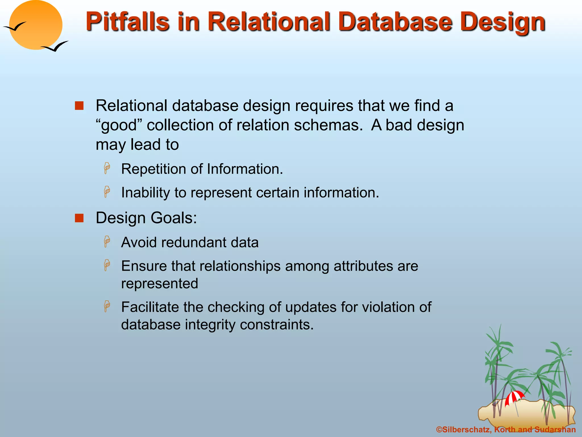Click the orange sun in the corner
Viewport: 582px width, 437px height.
tap(36, 25)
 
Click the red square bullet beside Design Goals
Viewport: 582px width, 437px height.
tap(79, 218)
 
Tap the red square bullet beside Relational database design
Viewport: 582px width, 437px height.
tap(79, 106)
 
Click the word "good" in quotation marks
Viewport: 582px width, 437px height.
tap(119, 125)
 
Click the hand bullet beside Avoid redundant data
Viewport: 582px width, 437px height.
tap(107, 242)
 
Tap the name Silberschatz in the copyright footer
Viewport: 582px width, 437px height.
tap(466, 430)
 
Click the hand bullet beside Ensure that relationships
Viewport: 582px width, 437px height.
tap(107, 265)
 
